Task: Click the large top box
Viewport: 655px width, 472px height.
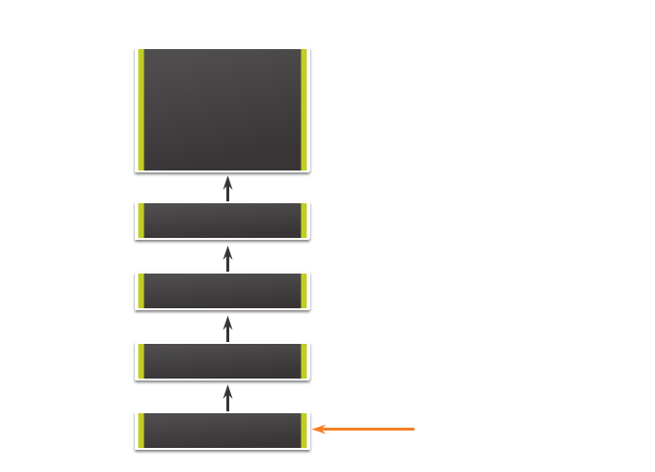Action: pyautogui.click(x=223, y=110)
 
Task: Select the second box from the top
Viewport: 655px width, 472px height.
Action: pyautogui.click(x=223, y=221)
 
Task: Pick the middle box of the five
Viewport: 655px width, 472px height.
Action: pyautogui.click(x=223, y=291)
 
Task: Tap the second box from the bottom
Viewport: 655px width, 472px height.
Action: pyautogui.click(x=223, y=361)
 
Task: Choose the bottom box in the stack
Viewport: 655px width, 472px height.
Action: pyautogui.click(x=223, y=431)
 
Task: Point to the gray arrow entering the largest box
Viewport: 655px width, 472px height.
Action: pyautogui.click(x=228, y=188)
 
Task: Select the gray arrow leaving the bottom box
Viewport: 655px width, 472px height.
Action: pyautogui.click(x=228, y=398)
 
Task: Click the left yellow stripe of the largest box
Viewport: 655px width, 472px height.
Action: pyautogui.click(x=142, y=110)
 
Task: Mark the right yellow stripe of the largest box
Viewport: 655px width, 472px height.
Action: pyautogui.click(x=304, y=110)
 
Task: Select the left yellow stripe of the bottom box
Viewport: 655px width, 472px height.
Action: pyautogui.click(x=142, y=431)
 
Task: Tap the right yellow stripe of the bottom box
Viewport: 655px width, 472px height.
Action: pyautogui.click(x=304, y=431)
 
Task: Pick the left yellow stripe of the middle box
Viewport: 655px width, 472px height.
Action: pyautogui.click(x=142, y=291)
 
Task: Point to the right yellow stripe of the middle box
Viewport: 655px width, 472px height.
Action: pyautogui.click(x=304, y=291)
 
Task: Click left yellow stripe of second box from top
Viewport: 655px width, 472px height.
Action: pyautogui.click(x=142, y=221)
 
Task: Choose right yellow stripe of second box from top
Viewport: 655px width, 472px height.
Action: pyautogui.click(x=304, y=221)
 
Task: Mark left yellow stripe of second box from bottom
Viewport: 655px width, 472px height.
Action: pyautogui.click(x=142, y=361)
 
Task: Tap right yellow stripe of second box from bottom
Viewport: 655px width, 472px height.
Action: pyautogui.click(x=304, y=361)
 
